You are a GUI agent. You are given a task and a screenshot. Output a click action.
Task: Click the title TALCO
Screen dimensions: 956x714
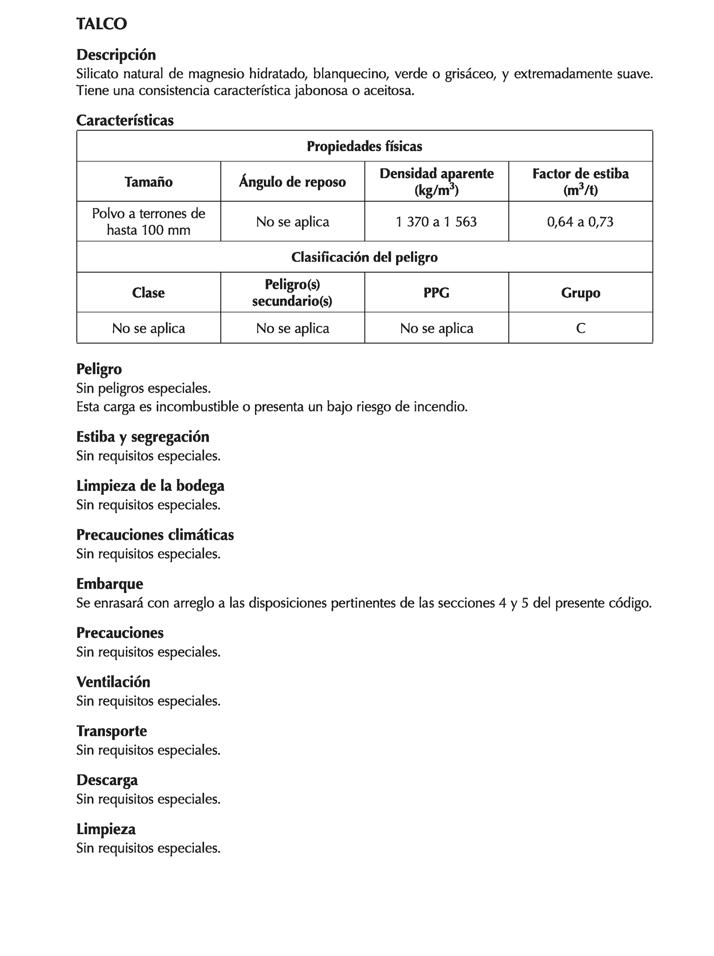tap(102, 24)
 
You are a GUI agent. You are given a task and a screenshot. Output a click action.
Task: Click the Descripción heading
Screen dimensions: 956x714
tap(116, 55)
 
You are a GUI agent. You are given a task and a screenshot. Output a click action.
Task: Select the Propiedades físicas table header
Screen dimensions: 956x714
tap(364, 146)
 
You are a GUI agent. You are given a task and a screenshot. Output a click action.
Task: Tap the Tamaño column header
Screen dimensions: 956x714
tap(149, 182)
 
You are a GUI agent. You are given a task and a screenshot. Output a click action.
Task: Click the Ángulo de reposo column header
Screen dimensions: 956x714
tap(292, 182)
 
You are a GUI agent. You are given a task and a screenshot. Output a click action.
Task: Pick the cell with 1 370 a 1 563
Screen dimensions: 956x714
tap(436, 222)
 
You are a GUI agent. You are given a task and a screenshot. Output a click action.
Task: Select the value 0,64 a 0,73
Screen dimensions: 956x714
tap(580, 222)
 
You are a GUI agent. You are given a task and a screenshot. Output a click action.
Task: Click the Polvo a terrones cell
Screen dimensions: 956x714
tap(149, 222)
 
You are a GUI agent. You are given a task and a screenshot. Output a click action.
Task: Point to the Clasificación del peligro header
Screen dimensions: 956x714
tap(364, 258)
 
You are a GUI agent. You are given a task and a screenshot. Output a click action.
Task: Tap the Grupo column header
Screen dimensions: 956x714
tap(580, 293)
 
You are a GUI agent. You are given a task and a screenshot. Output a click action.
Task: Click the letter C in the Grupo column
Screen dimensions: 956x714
tap(580, 329)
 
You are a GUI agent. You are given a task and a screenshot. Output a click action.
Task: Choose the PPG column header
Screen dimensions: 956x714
tap(436, 293)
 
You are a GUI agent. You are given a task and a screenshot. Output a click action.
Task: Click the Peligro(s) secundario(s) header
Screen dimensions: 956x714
tap(292, 293)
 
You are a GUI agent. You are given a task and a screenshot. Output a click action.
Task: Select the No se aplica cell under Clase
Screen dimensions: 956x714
tap(149, 329)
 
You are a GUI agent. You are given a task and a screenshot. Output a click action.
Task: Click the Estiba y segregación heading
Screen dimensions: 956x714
tap(142, 437)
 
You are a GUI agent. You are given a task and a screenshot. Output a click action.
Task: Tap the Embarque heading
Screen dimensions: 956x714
tap(110, 584)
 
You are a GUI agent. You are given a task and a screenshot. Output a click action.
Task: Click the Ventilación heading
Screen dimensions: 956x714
tap(113, 682)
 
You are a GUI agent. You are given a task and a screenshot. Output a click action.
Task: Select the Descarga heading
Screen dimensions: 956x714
tap(107, 780)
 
